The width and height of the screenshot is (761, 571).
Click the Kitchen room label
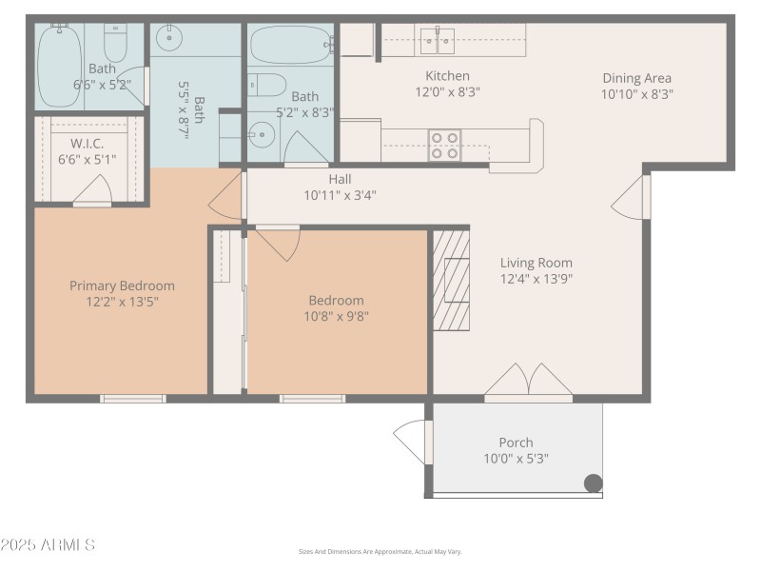447,76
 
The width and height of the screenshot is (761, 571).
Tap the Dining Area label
636,78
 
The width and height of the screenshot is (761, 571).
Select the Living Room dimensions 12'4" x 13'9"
537,279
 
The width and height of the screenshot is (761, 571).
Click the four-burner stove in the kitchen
444,145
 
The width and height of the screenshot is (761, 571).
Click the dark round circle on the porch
593,483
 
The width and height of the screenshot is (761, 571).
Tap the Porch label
516,442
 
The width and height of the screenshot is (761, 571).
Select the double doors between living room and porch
529,381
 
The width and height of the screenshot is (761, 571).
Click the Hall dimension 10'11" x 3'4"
341,195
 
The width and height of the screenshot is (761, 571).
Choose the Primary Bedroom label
122,285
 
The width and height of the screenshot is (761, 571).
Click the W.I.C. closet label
73,144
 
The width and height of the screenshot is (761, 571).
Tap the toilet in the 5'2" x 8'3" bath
267,86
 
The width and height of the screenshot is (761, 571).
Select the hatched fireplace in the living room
452,278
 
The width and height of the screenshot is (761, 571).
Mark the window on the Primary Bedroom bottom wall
133,398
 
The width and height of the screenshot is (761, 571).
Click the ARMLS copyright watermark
48,545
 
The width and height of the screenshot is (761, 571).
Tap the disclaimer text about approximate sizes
380,551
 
